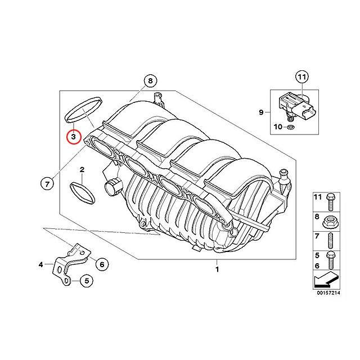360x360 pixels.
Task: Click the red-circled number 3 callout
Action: coord(73,137)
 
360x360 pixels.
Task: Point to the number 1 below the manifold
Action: coord(215,269)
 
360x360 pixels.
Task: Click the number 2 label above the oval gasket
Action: coord(82,169)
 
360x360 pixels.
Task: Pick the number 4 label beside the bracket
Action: coord(40,263)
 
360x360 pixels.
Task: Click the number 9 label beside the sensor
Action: coord(261,112)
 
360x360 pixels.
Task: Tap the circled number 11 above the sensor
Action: coord(301,76)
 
